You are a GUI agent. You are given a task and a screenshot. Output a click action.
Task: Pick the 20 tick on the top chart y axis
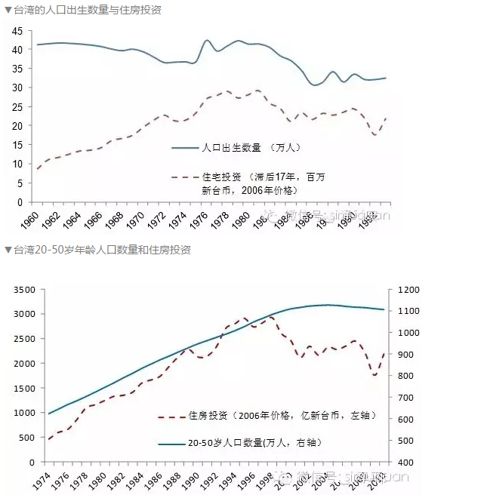coord(17,125)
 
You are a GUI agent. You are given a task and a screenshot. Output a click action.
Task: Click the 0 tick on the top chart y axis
coord(20,202)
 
